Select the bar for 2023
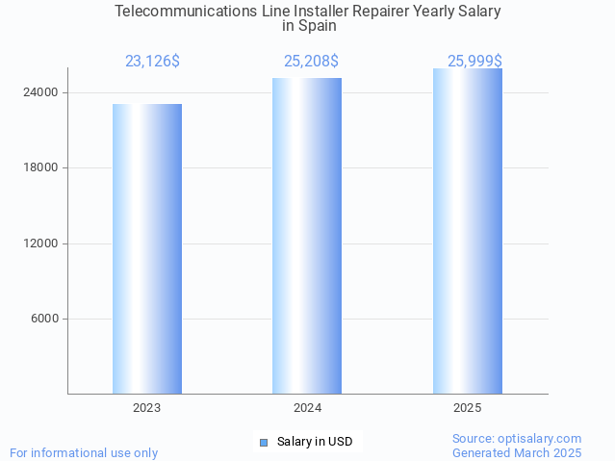pyautogui.click(x=147, y=248)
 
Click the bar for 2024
pyautogui.click(x=307, y=236)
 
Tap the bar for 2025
pyautogui.click(x=467, y=231)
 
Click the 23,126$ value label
pyautogui.click(x=152, y=62)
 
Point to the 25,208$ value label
pyautogui.click(x=311, y=62)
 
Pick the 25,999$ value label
pyautogui.click(x=474, y=62)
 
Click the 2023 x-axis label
pyautogui.click(x=147, y=408)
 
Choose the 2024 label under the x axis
pyautogui.click(x=307, y=408)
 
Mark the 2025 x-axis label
pyautogui.click(x=467, y=408)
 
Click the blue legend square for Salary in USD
pyautogui.click(x=264, y=442)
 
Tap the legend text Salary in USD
pyautogui.click(x=315, y=442)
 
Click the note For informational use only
pyautogui.click(x=84, y=452)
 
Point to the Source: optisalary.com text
pyautogui.click(x=517, y=439)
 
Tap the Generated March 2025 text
pyautogui.click(x=517, y=452)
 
